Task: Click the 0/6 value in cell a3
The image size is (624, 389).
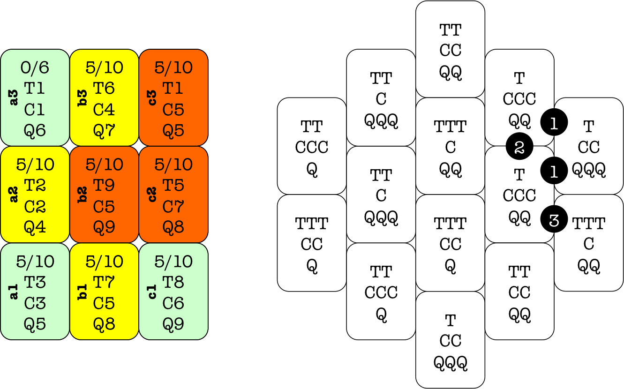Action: (35, 68)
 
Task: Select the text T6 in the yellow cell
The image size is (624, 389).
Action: (104, 88)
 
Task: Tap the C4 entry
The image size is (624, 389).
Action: (104, 110)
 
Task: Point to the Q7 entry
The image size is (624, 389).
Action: (104, 131)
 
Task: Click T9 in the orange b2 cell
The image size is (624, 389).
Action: (104, 185)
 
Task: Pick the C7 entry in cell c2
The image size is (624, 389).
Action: (173, 207)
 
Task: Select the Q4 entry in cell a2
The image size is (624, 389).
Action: (35, 228)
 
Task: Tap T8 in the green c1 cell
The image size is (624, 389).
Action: (173, 282)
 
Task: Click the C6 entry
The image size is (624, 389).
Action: (173, 303)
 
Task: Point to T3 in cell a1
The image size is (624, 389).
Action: (35, 282)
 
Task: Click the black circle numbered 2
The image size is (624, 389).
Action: (519, 147)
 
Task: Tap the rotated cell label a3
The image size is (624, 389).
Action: (14, 97)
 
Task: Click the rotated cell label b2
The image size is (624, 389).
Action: (83, 194)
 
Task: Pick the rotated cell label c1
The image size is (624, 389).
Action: (152, 292)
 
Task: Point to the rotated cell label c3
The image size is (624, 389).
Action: (152, 97)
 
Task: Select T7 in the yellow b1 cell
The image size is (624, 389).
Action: (104, 282)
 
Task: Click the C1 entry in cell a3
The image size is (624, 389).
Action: (35, 110)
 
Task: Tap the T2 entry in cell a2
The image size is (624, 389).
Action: (35, 185)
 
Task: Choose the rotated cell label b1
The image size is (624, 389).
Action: (83, 292)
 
